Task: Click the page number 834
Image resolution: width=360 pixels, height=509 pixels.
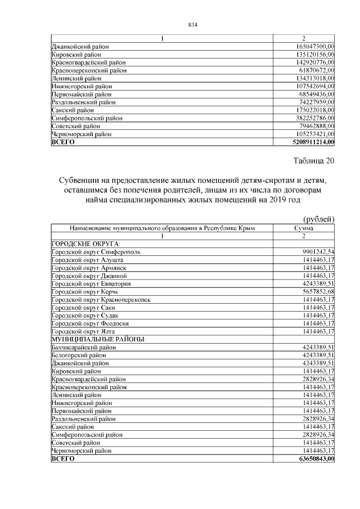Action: coord(192,25)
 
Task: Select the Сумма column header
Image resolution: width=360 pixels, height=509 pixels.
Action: coord(304,228)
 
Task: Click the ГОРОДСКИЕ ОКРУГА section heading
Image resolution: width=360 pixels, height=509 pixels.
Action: coord(86,244)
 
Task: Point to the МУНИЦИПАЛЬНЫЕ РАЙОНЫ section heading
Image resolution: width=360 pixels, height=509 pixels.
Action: coord(99,340)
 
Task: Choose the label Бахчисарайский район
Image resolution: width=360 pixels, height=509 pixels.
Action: coord(84,348)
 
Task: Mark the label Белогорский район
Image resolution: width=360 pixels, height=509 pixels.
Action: coord(79,355)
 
